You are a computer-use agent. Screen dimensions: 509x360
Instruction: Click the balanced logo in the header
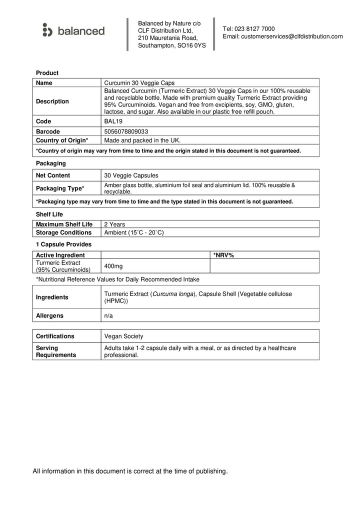coord(73,31)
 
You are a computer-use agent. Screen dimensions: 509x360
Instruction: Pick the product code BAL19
coord(112,121)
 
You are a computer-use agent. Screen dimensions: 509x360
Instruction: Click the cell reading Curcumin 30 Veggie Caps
coord(139,83)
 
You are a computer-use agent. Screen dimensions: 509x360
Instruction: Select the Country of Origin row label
coord(62,140)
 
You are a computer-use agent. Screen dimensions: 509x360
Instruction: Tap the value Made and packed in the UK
coord(142,140)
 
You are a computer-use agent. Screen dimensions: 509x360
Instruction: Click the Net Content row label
coord(53,175)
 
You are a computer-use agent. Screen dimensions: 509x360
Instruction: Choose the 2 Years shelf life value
coord(114,224)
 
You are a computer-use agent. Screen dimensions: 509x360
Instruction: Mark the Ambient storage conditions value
coord(134,232)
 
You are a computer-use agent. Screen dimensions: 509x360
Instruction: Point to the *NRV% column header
coord(223,255)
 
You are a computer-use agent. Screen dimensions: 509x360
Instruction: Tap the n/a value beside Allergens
coord(108,316)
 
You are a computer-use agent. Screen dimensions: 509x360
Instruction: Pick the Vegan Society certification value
coord(123,336)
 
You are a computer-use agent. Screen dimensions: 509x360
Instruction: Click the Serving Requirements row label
coord(56,351)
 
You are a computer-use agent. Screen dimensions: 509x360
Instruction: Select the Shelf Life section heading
coord(49,214)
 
